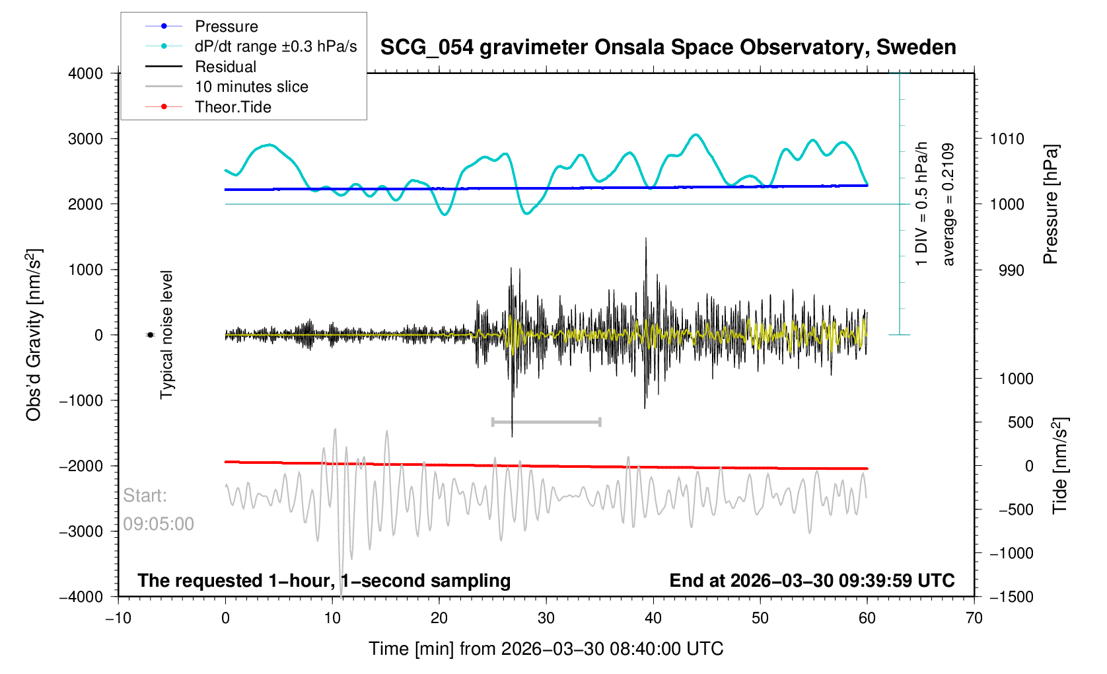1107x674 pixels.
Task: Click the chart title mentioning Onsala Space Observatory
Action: pos(668,48)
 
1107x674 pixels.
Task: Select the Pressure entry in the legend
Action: pos(226,26)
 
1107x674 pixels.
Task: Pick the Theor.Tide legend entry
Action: pos(232,107)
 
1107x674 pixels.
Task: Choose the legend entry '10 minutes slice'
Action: pos(251,87)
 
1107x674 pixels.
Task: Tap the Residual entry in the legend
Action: pos(225,67)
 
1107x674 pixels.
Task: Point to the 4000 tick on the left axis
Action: pos(86,73)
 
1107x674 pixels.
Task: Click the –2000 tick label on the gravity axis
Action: pos(82,466)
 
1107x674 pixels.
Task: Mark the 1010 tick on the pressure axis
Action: pos(1007,139)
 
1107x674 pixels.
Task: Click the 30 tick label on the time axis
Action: pos(546,618)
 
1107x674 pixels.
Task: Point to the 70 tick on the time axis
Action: pos(974,618)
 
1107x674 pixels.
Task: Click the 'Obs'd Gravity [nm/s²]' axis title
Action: pos(34,335)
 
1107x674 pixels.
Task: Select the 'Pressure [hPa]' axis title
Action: pos(1050,205)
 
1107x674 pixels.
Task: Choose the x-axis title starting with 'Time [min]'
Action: pos(546,649)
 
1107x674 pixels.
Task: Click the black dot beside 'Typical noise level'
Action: pos(150,335)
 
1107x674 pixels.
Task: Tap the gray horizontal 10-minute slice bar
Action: pos(546,422)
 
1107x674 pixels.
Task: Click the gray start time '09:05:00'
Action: pos(159,524)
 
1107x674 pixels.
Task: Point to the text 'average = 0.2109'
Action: pos(948,205)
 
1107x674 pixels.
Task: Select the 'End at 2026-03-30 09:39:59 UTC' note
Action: pos(812,581)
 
